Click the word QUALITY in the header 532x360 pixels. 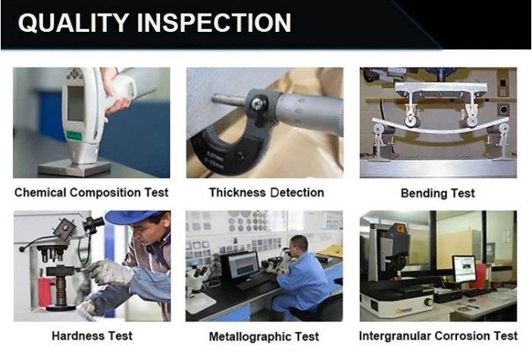73,23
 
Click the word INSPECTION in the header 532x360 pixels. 214,23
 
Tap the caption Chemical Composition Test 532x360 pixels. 91,193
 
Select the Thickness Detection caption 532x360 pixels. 266,193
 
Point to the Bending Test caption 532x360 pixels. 438,193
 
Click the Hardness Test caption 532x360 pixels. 92,336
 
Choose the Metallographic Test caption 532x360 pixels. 264,337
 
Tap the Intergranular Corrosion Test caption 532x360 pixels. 438,336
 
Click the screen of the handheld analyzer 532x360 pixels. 76,104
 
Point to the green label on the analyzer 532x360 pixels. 74,136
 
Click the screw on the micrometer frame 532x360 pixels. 256,104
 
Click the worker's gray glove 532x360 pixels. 110,272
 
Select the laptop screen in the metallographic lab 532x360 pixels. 243,266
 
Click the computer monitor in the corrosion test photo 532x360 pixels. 465,269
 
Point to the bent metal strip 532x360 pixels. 440,127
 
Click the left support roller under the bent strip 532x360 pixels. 380,129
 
